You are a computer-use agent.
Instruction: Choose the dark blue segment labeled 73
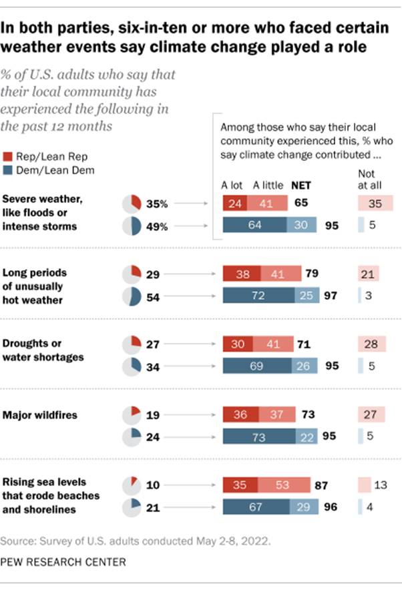click(258, 436)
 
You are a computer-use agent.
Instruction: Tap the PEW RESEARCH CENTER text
click(63, 563)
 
